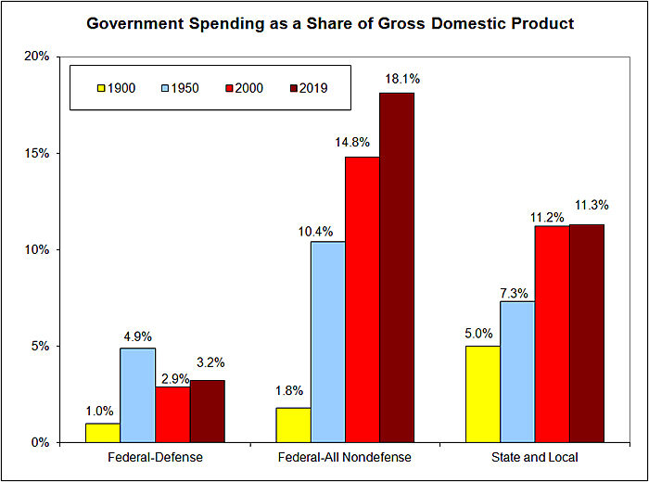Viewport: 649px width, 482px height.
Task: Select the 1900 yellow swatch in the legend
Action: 100,88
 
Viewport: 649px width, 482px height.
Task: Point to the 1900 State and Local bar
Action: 481,394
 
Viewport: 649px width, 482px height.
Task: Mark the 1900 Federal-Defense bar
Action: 102,433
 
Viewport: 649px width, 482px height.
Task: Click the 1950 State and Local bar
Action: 515,372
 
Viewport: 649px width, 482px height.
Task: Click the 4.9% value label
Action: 138,335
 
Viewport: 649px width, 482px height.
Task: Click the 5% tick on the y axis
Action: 42,347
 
